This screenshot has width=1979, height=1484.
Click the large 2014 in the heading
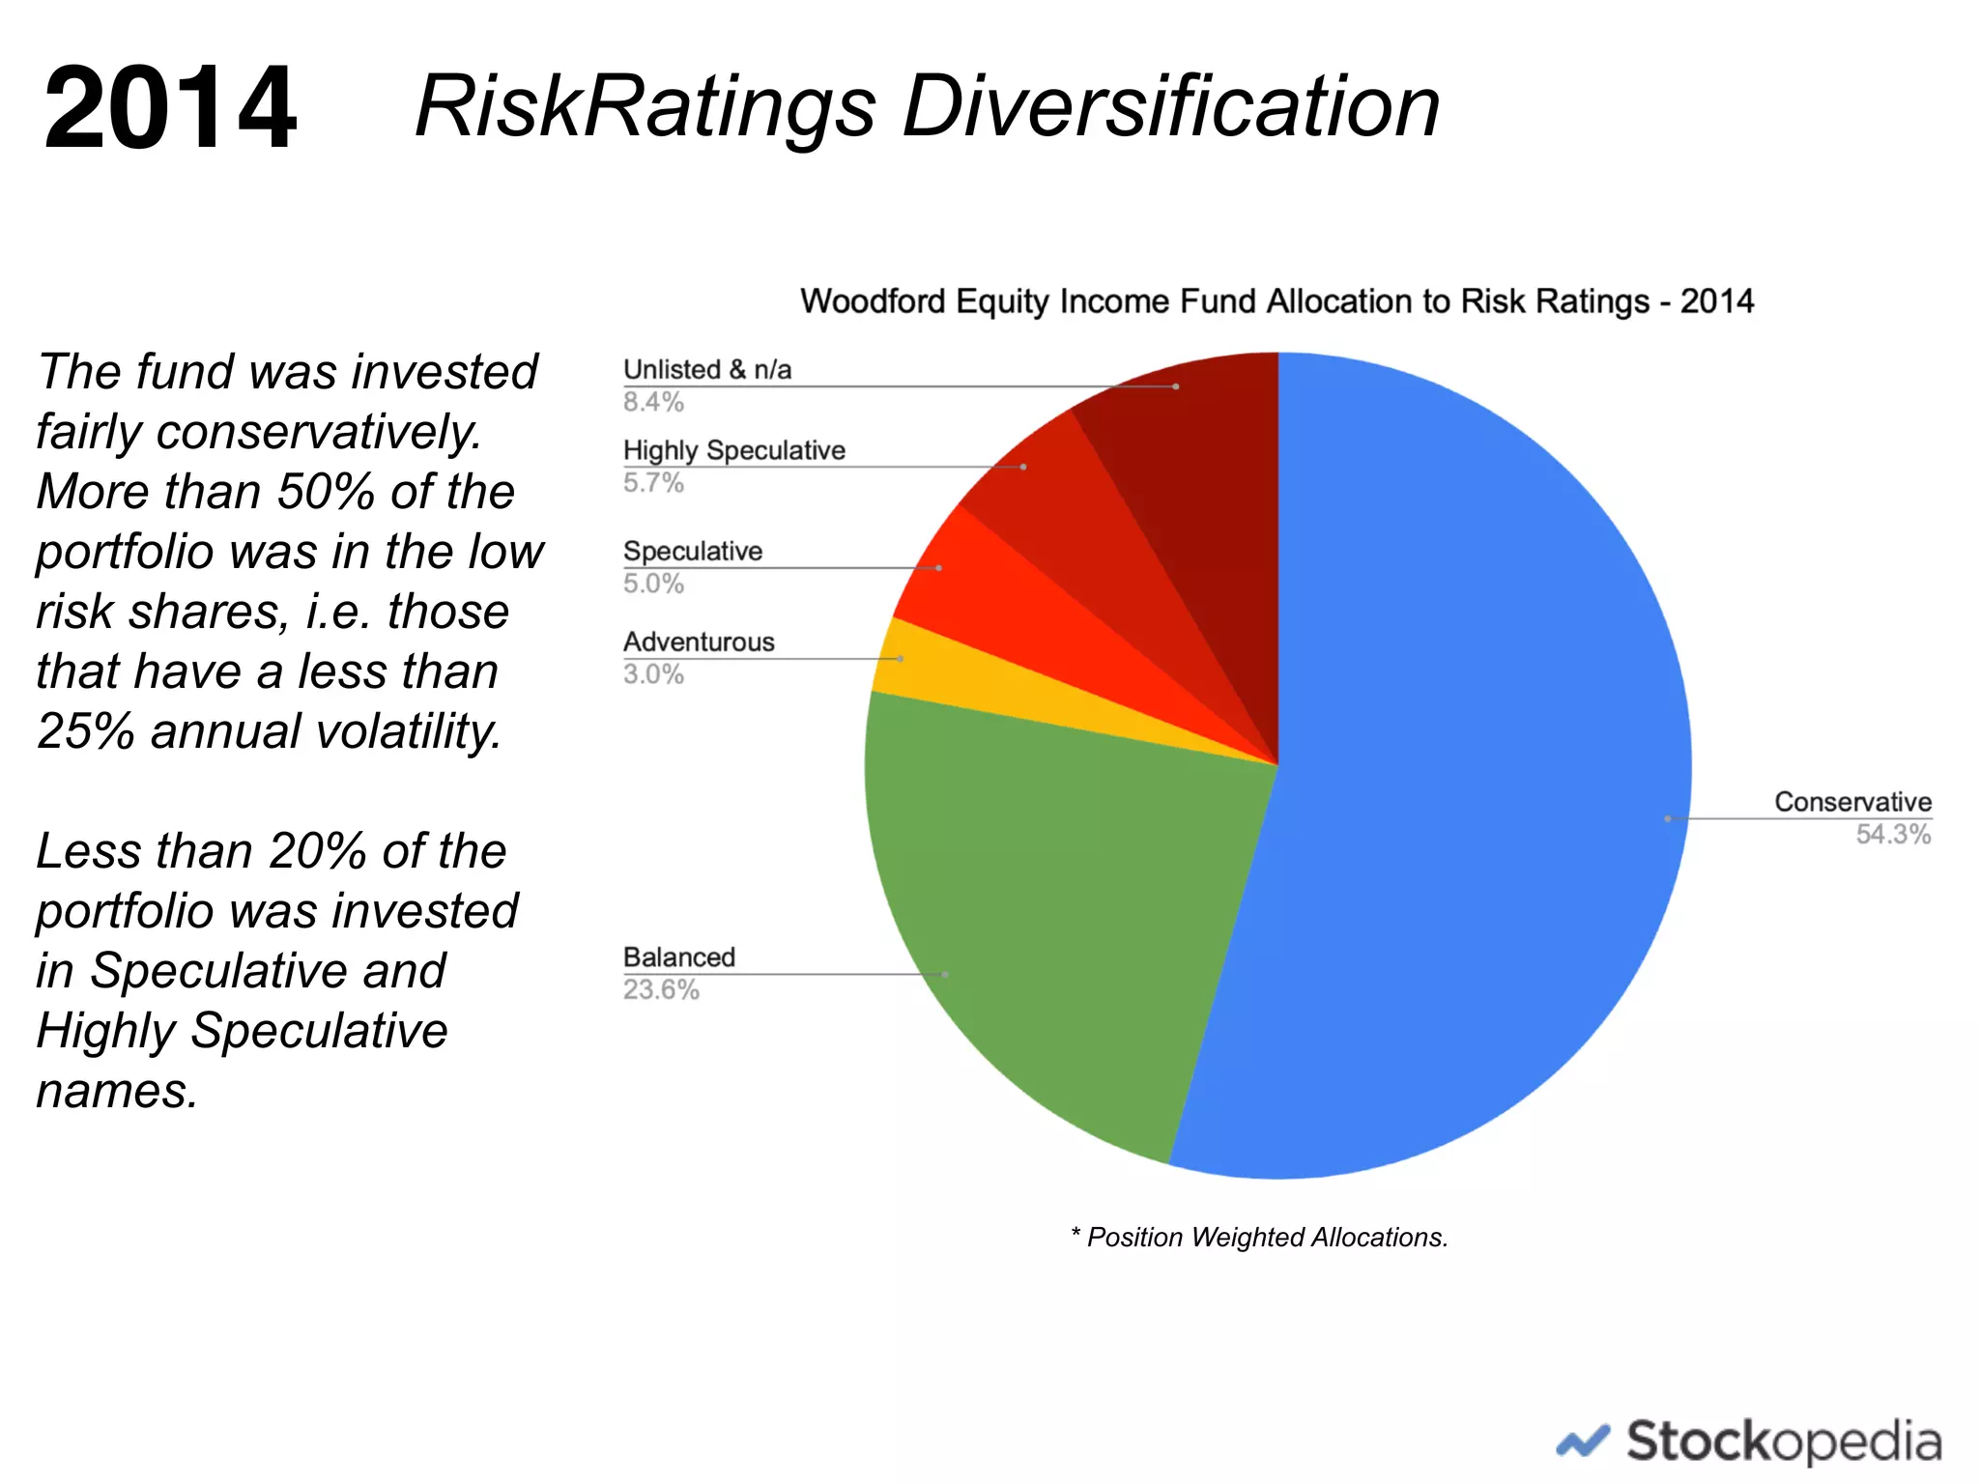170,107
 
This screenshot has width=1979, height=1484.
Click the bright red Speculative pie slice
1005,609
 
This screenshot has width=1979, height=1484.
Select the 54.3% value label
1892,835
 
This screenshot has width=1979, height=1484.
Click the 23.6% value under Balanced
661,990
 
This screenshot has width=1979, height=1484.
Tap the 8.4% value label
653,402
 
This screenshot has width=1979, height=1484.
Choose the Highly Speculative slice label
733,451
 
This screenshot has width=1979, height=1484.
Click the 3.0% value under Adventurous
653,674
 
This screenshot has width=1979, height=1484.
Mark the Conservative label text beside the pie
1852,802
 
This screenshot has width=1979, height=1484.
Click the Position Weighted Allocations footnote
1260,1238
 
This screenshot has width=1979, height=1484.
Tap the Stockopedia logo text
1783,1441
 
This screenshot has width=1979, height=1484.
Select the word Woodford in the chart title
874,301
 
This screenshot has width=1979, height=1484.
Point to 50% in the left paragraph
326,492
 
